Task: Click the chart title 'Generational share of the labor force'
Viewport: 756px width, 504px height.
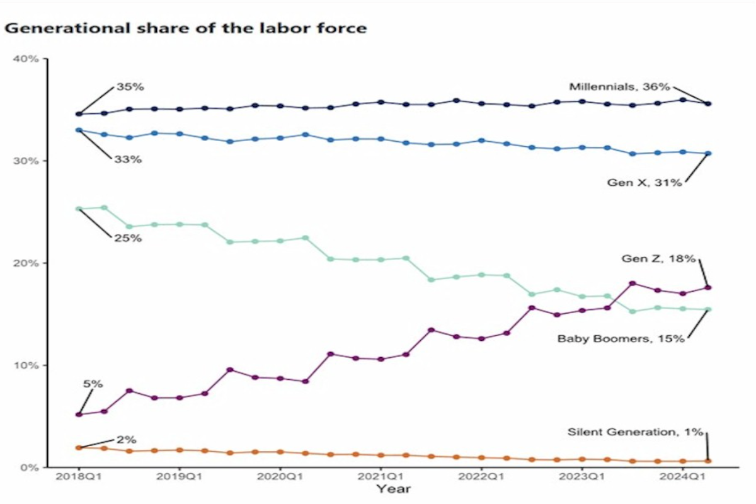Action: click(x=186, y=28)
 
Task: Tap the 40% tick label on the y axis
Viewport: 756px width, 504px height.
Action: click(x=26, y=59)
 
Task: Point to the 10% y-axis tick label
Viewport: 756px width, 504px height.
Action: click(x=26, y=365)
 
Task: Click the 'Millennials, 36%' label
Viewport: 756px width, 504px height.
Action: click(x=619, y=87)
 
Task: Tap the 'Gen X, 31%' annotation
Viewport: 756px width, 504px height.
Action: click(x=644, y=183)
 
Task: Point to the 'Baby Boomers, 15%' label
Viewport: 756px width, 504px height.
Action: click(x=620, y=338)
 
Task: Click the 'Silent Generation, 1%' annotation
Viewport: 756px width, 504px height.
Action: click(x=635, y=432)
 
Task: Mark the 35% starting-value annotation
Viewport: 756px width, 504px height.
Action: click(x=130, y=87)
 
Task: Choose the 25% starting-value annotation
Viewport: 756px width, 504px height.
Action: click(x=128, y=238)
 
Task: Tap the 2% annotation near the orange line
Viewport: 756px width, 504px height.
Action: click(x=125, y=440)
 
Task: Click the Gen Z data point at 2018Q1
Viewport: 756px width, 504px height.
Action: click(x=79, y=415)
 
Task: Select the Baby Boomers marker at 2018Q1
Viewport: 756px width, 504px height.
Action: click(x=79, y=209)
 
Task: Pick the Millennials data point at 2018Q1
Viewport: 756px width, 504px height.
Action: click(x=79, y=114)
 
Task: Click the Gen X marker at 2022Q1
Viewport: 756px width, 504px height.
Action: click(x=481, y=140)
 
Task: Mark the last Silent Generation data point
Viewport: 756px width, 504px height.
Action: click(x=707, y=461)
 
